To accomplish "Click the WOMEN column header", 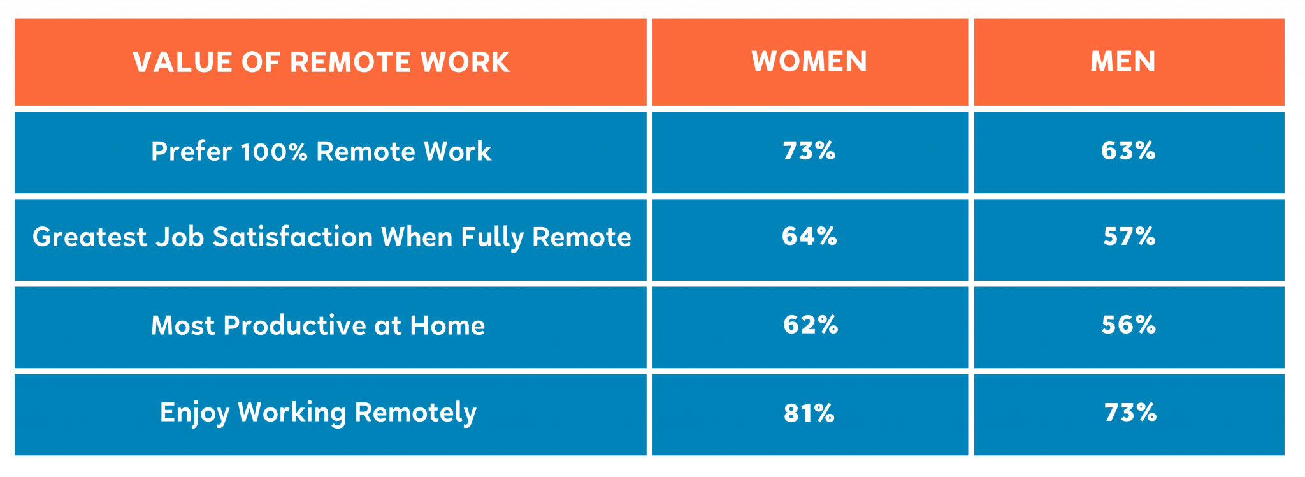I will pos(809,62).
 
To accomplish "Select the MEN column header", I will pos(1123,62).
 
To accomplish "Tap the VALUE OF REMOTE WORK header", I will pos(321,62).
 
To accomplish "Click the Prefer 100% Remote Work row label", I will pos(321,152).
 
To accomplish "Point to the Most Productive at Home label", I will pos(318,326).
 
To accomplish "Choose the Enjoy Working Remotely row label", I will pos(318,413).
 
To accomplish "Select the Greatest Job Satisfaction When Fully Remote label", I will pos(331,237).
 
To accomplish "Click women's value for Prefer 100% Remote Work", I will pos(809,151).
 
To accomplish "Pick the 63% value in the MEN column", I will pos(1128,151).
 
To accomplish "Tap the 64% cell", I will pos(809,237).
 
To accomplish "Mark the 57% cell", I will pos(1129,237).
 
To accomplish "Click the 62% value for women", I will pos(811,325).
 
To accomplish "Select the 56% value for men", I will pos(1128,325).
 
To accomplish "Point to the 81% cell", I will pos(809,413).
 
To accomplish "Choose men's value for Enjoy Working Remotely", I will pos(1130,413).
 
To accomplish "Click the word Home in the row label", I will pos(447,326).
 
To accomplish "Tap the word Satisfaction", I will pos(292,237).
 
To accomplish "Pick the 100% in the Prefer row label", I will pos(274,152).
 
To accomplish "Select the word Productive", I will pos(294,326).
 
